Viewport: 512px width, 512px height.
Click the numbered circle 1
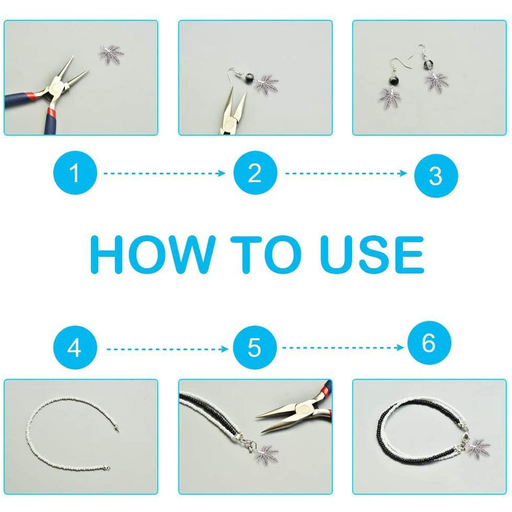(75, 173)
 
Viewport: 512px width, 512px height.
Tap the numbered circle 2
(255, 173)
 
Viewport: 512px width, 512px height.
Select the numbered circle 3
(436, 176)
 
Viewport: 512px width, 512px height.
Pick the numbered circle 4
(75, 347)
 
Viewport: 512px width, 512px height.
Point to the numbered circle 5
(255, 347)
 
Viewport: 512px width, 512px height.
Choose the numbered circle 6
(429, 343)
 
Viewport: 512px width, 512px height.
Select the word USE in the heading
(371, 254)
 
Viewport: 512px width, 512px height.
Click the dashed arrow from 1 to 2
(165, 173)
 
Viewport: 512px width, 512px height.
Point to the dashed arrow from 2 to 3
(346, 173)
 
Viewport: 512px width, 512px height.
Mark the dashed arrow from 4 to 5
(168, 349)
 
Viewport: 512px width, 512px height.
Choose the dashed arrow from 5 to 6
(343, 347)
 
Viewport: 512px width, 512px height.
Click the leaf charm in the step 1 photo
(111, 54)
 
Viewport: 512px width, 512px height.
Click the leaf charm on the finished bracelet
(479, 448)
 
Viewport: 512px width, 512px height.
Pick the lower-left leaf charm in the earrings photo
(391, 98)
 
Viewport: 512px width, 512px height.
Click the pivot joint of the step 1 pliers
(56, 87)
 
